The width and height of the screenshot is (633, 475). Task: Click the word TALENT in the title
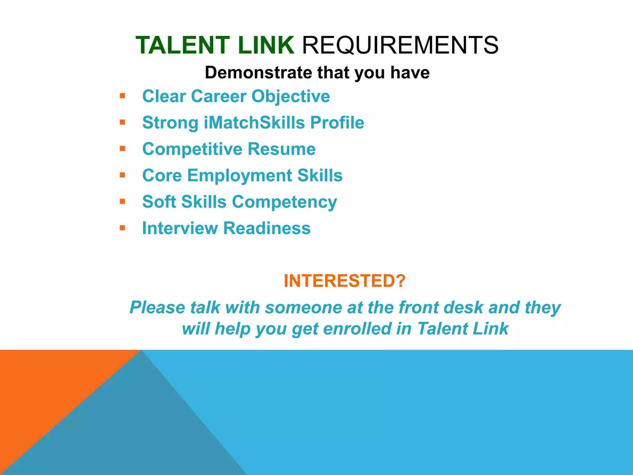[183, 45]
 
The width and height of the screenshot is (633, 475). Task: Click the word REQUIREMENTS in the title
[400, 45]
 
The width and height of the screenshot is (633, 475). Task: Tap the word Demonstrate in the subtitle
[258, 73]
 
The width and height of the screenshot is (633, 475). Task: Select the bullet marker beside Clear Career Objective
[122, 96]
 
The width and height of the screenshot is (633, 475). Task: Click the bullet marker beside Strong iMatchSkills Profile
[122, 122]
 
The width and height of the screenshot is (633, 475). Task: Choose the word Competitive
[192, 149]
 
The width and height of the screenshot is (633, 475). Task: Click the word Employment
[239, 176]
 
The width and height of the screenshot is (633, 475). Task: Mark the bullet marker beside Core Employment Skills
[122, 175]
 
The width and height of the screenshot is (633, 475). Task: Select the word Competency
[284, 202]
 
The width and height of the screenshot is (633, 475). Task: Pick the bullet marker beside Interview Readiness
[122, 228]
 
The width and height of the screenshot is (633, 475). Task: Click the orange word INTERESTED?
[344, 281]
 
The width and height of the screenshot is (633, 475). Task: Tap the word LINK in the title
[266, 45]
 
